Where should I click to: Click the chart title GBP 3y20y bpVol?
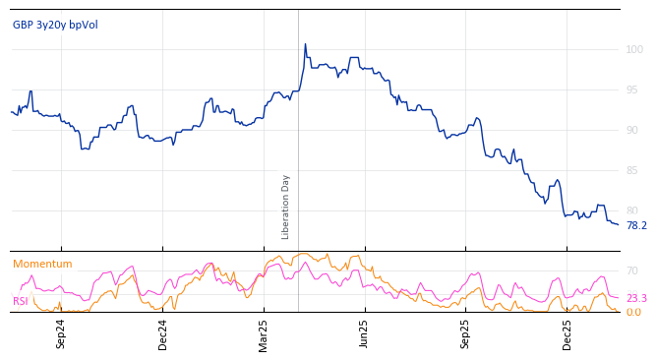click(55, 25)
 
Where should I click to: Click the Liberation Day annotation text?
click(286, 207)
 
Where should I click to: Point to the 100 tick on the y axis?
click(634, 49)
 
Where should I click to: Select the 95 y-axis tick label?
click(631, 90)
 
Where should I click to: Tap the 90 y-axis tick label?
click(631, 130)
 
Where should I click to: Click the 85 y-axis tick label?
click(631, 170)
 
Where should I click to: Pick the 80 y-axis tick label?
click(631, 210)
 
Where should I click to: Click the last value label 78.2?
click(636, 225)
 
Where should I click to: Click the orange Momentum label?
click(42, 264)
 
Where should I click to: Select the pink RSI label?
click(21, 301)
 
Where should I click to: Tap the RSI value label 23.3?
click(636, 298)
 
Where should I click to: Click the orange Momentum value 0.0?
click(633, 312)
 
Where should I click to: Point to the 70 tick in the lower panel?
click(632, 270)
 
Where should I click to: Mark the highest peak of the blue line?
click(305, 44)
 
